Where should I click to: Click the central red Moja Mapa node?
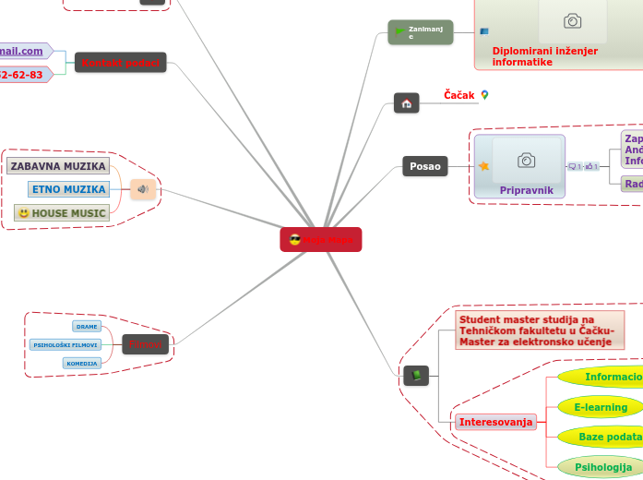[x=321, y=240]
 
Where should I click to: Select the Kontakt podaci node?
[x=121, y=63]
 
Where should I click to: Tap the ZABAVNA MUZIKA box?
[x=58, y=166]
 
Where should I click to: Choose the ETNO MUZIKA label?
[x=68, y=189]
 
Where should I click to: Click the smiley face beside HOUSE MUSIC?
[x=23, y=213]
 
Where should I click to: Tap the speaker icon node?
[x=143, y=189]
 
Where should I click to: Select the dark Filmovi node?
[x=146, y=345]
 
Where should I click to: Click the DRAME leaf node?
[x=87, y=327]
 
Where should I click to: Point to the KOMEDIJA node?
[x=82, y=364]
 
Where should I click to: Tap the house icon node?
[x=407, y=103]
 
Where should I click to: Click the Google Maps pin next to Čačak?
[x=484, y=95]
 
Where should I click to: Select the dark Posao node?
[x=425, y=166]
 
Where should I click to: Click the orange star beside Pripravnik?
[x=483, y=166]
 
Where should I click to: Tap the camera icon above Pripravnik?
[x=526, y=161]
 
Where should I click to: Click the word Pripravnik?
[x=526, y=189]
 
